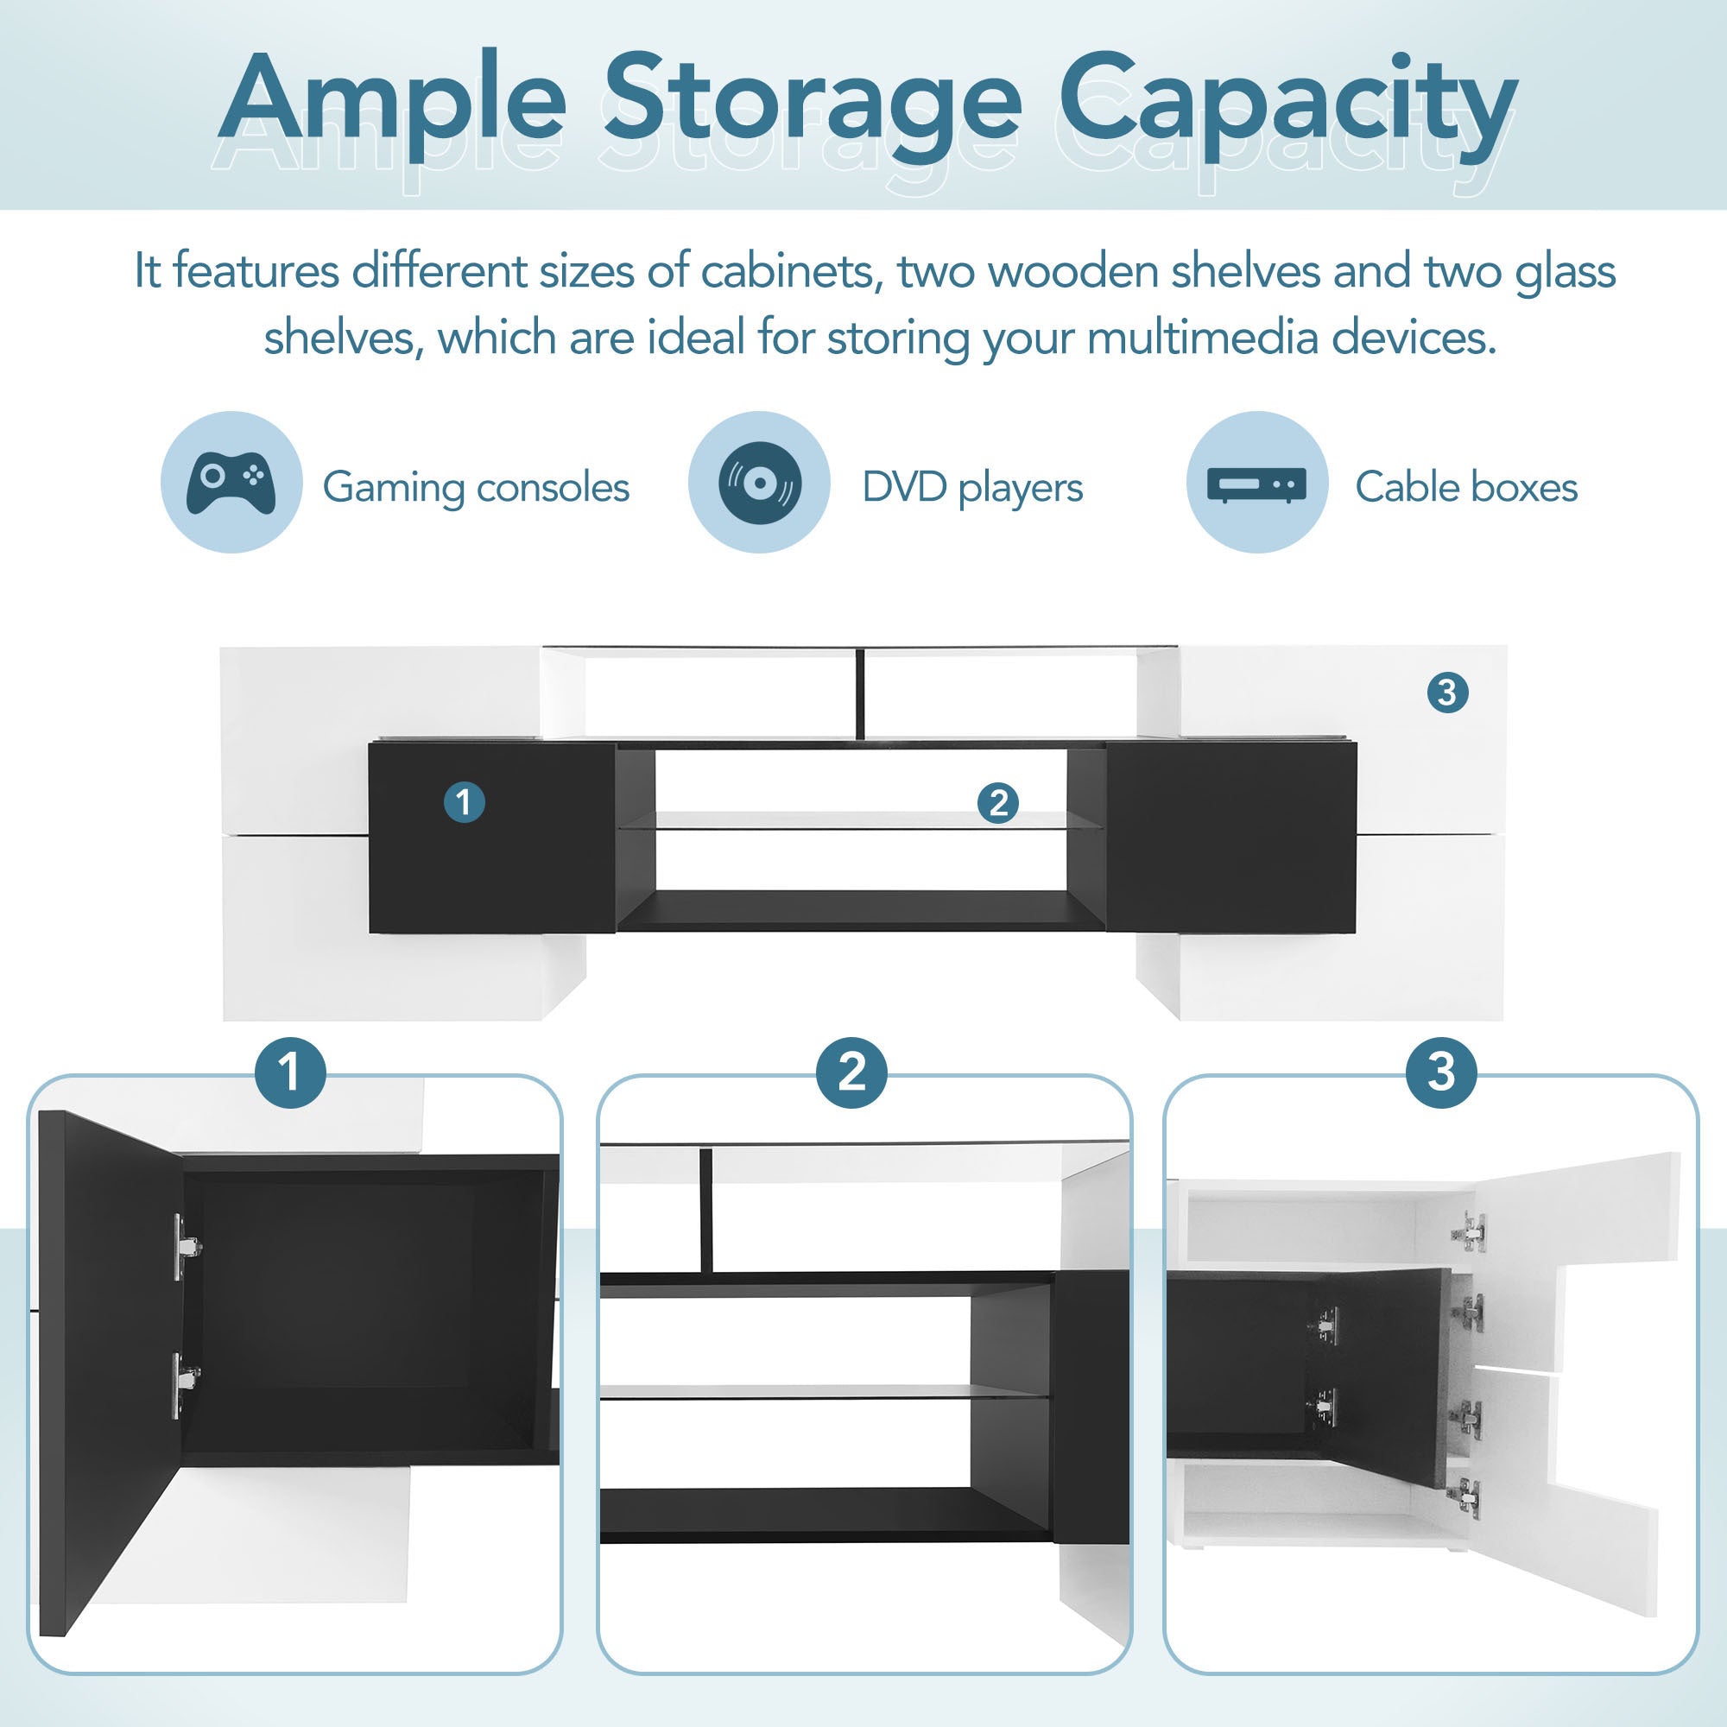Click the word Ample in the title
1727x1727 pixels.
[x=393, y=100]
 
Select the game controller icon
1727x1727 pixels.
[x=231, y=483]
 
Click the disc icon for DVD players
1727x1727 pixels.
[x=760, y=483]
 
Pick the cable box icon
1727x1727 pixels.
[x=1256, y=485]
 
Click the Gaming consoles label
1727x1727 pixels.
[x=476, y=488]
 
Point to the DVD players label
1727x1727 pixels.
[x=972, y=488]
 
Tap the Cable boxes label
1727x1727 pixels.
[x=1466, y=487]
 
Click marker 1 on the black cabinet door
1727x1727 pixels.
[x=465, y=802]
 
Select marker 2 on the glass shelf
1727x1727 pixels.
[x=998, y=803]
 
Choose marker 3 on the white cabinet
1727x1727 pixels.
[x=1448, y=692]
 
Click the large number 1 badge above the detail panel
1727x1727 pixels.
[x=289, y=1072]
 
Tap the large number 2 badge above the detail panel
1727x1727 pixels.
[x=852, y=1072]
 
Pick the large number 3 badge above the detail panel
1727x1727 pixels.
[x=1441, y=1072]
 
